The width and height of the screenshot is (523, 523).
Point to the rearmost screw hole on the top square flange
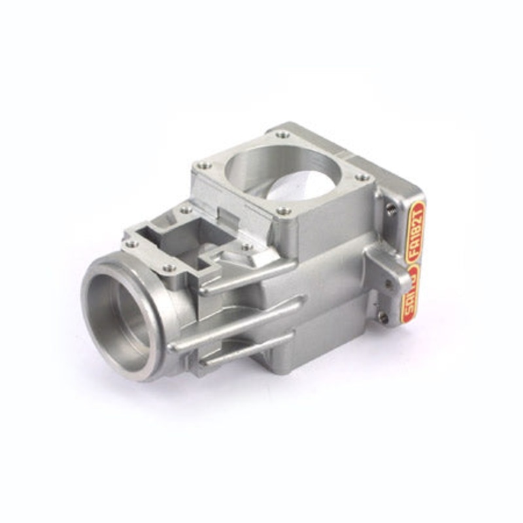click(x=283, y=134)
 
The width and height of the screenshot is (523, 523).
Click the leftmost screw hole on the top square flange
click(x=205, y=165)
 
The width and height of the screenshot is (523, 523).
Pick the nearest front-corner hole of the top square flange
click(x=282, y=211)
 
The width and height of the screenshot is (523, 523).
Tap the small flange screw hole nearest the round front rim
click(x=169, y=267)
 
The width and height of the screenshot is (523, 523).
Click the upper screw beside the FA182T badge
click(x=391, y=209)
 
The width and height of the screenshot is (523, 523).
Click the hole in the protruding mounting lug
click(x=390, y=283)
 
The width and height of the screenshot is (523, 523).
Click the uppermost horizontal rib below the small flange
click(x=248, y=275)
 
